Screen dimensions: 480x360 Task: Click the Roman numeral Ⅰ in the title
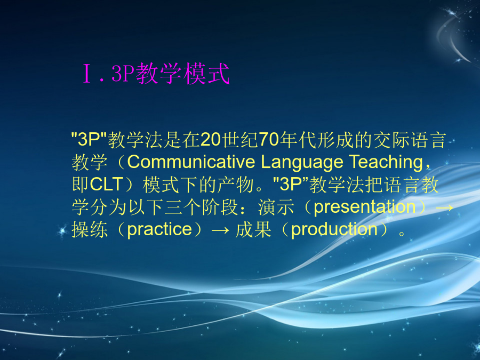[x=87, y=74]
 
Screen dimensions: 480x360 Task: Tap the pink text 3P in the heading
[x=123, y=74]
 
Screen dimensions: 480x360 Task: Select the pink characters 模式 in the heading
[x=206, y=74]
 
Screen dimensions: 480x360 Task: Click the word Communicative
[x=191, y=162]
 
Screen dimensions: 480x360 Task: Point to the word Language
[x=302, y=163]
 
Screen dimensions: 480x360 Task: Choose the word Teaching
[x=386, y=163]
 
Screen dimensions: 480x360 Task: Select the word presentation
[x=365, y=207]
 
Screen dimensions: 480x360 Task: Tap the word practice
[x=159, y=229]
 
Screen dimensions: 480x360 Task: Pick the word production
[x=334, y=229]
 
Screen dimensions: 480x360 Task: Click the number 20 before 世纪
[x=211, y=140]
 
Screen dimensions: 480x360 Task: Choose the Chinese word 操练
[x=90, y=229]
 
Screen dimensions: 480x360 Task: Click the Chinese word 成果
[x=253, y=229]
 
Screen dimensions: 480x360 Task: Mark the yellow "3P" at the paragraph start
[x=89, y=139]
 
